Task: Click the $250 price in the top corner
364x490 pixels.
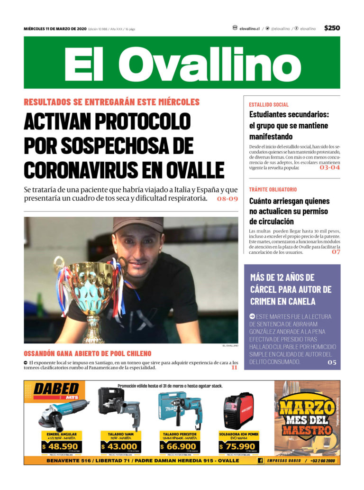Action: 332,28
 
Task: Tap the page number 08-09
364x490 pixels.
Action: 227,199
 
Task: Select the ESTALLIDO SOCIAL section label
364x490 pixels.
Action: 269,104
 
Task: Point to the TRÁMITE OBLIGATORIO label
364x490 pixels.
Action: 273,189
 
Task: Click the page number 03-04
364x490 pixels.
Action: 329,167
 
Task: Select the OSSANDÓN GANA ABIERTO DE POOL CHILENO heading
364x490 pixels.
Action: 88,353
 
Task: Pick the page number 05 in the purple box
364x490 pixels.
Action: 332,362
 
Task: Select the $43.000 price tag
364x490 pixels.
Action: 119,446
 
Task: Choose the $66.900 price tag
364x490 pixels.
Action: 179,446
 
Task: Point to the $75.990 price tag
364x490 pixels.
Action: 238,446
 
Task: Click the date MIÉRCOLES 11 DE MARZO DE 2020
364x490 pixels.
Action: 55,29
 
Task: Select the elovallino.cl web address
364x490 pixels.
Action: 249,29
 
